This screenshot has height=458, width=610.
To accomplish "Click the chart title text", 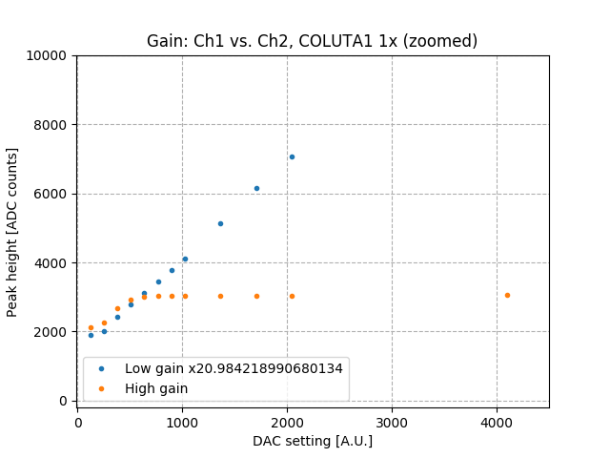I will click(x=312, y=41).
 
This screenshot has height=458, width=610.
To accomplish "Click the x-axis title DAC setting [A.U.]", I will click(x=312, y=441).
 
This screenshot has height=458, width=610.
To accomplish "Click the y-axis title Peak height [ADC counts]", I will click(x=13, y=232).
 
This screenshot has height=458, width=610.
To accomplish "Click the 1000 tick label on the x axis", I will click(x=182, y=421).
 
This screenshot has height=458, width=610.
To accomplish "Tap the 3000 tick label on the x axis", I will click(x=392, y=421).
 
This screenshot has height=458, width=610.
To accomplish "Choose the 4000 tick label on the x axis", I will click(x=497, y=421).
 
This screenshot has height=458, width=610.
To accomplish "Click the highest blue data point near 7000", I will click(x=292, y=156).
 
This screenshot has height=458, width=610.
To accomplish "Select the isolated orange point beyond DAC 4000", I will click(x=507, y=295).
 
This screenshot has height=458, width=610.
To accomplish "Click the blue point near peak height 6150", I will click(x=256, y=188).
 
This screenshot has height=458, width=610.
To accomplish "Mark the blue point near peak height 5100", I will click(x=220, y=223).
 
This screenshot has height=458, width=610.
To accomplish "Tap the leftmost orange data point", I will click(x=91, y=327).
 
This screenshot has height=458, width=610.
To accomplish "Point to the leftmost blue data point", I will click(x=91, y=335).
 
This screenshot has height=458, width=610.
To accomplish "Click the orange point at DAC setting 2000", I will click(x=292, y=296).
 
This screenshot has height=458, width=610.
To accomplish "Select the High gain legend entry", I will click(x=156, y=388).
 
